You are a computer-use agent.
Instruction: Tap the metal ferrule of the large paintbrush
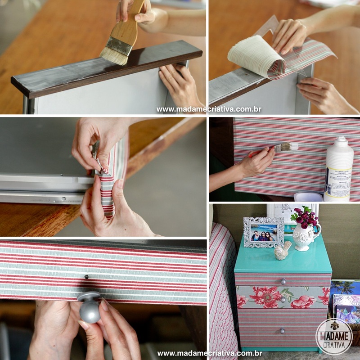(119, 45)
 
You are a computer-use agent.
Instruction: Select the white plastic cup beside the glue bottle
(308, 197)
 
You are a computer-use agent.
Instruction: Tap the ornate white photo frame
(263, 232)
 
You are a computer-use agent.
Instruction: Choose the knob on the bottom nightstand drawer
(282, 330)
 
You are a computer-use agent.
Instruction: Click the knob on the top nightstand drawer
(283, 281)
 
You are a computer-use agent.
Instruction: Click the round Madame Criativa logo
(334, 337)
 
